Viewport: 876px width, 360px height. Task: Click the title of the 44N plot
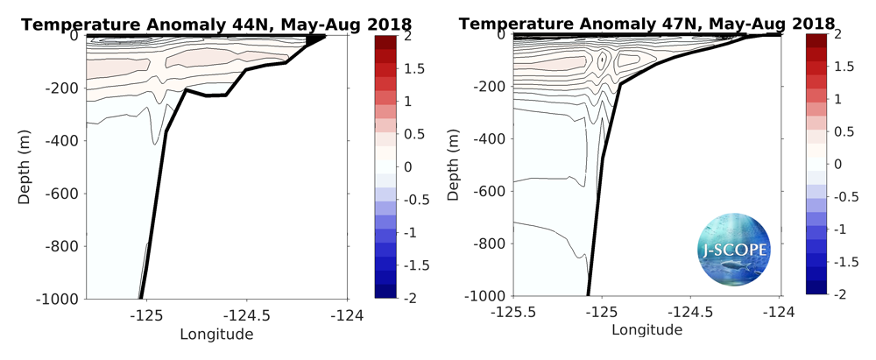pos(186,24)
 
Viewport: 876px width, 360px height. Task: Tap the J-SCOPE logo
pos(733,251)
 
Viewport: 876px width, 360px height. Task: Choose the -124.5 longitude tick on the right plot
pos(690,312)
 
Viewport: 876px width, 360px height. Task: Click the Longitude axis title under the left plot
pos(216,334)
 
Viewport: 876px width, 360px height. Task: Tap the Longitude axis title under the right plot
pos(646,330)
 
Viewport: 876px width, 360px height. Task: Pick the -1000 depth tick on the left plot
pos(58,299)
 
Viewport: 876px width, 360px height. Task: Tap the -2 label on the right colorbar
pos(838,296)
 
